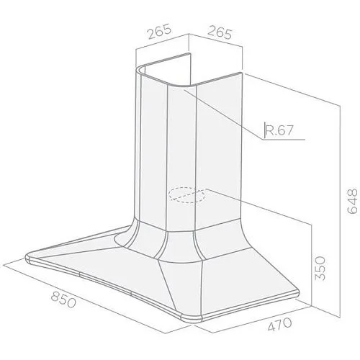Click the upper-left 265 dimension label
pos(160,31)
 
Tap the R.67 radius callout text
pos(279,130)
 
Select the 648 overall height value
pos(352,201)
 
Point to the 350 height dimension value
pos(320,268)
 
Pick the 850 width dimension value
pos(63,300)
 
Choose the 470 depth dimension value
pos(279,324)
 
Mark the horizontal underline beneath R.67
pos(284,139)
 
